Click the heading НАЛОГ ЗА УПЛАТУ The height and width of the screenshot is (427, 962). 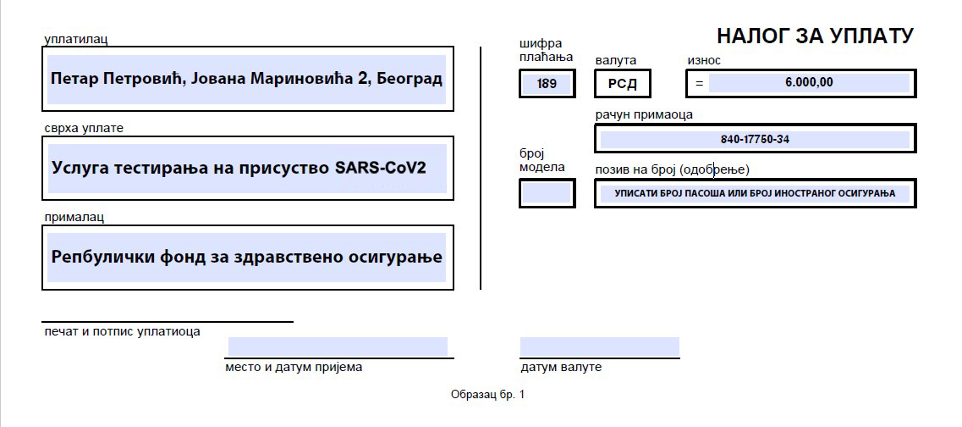tap(815, 36)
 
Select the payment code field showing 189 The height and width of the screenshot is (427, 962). tap(547, 84)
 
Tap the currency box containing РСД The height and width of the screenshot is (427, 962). tap(622, 84)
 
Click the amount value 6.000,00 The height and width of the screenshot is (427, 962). tap(809, 82)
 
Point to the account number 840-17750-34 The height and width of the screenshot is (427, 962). tap(755, 140)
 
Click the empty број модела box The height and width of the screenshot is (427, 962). tap(547, 193)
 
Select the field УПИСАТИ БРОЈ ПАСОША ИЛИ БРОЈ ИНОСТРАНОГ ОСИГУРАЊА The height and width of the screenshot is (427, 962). tap(755, 193)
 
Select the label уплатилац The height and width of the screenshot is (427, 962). tap(76, 39)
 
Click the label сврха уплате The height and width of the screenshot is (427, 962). tap(84, 129)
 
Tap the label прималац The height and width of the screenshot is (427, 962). tap(74, 217)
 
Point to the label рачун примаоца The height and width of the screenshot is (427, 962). tap(644, 115)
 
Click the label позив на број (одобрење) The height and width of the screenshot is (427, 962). tap(673, 169)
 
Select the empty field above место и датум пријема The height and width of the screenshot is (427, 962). tap(338, 347)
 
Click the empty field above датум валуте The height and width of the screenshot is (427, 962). tap(599, 347)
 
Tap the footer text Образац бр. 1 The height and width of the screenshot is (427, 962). tap(487, 395)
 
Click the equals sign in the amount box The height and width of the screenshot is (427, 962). tap(699, 83)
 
